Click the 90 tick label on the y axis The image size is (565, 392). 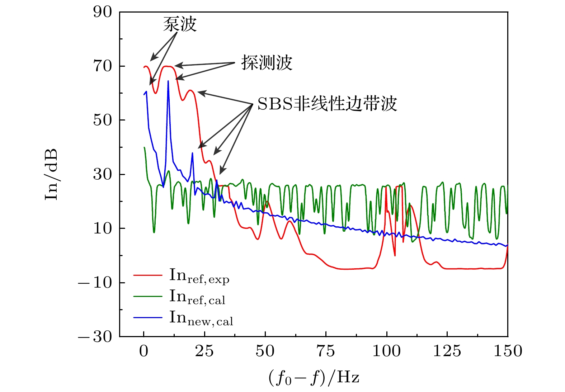click(103, 12)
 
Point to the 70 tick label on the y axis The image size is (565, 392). click(103, 66)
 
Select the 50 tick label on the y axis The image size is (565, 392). click(103, 120)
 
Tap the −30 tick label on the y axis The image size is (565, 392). click(95, 336)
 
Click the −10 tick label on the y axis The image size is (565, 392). click(95, 283)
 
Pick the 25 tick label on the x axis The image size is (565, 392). click(204, 351)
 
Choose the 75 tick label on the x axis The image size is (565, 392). click(326, 351)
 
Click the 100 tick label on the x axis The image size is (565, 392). click(386, 351)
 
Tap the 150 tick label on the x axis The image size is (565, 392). click(508, 351)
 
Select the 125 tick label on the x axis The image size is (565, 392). click(447, 351)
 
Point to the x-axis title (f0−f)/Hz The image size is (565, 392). click(314, 378)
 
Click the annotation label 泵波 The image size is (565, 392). click(180, 24)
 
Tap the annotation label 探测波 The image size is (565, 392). click(267, 63)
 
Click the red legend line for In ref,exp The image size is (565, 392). click(148, 275)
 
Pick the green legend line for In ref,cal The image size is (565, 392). click(148, 296)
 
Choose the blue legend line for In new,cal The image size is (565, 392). click(148, 317)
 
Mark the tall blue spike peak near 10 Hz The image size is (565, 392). click(168, 81)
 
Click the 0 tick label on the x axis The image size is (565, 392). click(144, 351)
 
